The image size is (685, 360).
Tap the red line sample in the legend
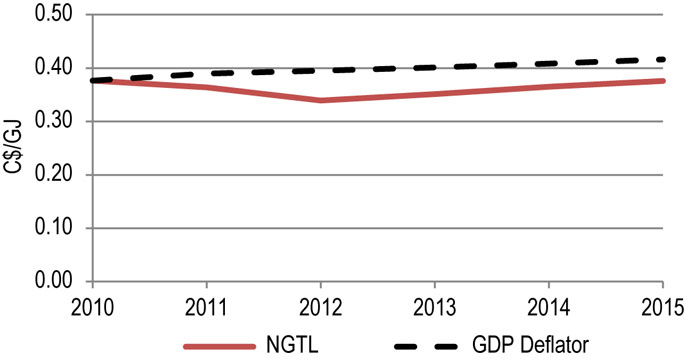(x=229, y=344)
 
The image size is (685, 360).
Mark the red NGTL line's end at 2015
(x=664, y=81)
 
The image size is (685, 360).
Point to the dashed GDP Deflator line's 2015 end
(x=664, y=60)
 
